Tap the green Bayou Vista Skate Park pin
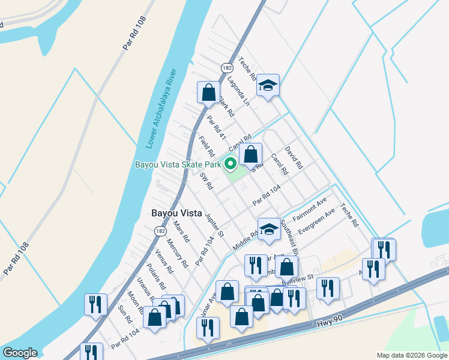[x=230, y=164]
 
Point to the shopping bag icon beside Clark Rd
[x=208, y=93]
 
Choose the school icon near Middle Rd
[x=268, y=229]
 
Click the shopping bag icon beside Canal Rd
[x=251, y=154]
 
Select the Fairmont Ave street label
[x=310, y=208]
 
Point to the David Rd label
[x=294, y=157]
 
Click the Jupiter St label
[x=214, y=224]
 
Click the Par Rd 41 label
[x=216, y=128]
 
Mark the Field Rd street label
[x=206, y=146]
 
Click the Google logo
[x=20, y=353]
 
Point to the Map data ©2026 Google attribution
[x=411, y=355]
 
